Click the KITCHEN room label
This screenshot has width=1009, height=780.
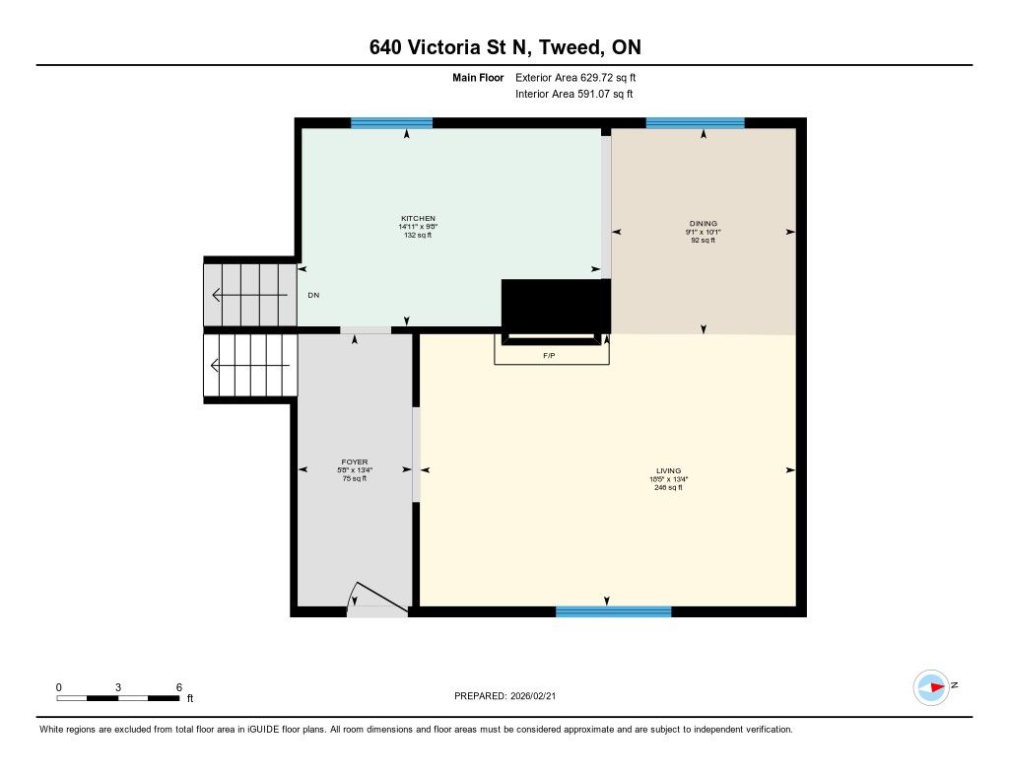pos(418,218)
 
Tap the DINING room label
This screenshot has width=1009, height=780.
pos(703,224)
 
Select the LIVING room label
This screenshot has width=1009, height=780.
pos(669,470)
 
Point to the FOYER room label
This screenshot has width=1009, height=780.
pos(355,461)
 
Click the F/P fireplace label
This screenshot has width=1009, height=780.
pos(549,356)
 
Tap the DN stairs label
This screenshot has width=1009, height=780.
pos(313,295)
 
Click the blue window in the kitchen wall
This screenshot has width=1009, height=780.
pos(391,123)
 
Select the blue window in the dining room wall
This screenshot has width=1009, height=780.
pos(695,123)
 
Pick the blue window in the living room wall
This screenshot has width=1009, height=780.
pos(613,612)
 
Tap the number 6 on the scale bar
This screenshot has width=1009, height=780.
pos(179,687)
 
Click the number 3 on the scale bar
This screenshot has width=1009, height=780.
pos(118,687)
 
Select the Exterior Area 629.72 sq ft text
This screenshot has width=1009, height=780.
pos(575,77)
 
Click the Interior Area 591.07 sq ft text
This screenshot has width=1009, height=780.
pos(574,94)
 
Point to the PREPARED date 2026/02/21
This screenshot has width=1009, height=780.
pos(533,695)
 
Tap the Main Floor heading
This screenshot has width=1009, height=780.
pos(478,77)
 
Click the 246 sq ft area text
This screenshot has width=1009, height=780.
pos(669,487)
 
